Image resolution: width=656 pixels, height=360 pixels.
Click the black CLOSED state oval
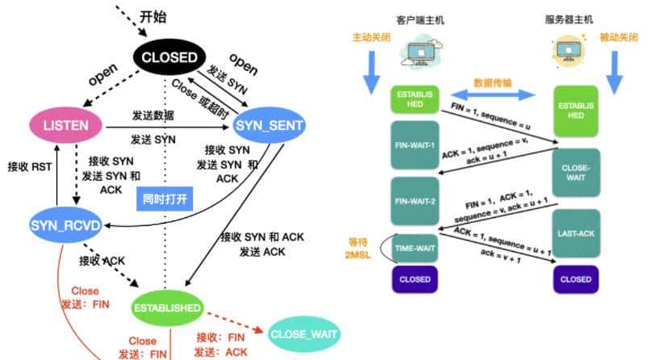click(x=169, y=57)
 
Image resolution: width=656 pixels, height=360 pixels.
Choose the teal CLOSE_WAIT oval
click(x=303, y=333)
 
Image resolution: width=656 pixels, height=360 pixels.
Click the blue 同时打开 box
click(x=164, y=198)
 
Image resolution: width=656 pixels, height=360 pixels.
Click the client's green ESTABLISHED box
click(x=414, y=100)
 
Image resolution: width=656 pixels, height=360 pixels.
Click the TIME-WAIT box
click(x=415, y=249)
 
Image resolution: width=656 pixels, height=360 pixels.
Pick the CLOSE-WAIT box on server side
click(x=575, y=171)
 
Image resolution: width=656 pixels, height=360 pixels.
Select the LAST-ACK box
click(x=575, y=234)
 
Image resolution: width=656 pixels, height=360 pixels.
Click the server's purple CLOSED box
click(x=575, y=279)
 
